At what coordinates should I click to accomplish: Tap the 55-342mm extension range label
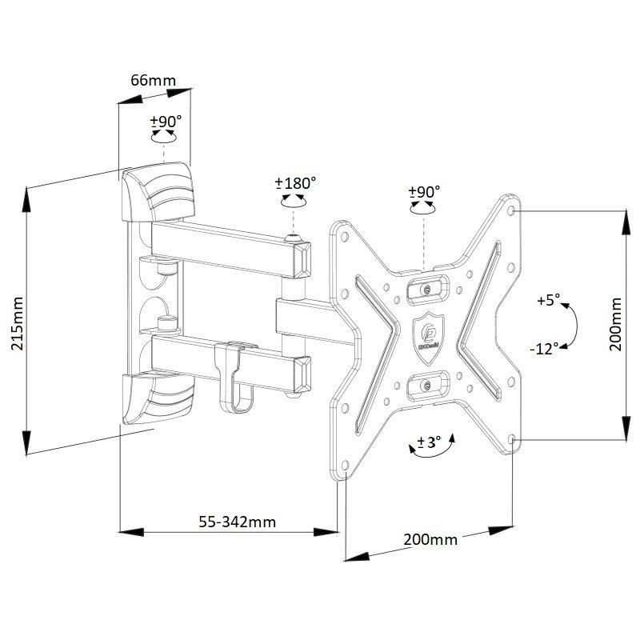tap(237, 522)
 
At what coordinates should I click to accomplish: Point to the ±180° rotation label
tap(296, 182)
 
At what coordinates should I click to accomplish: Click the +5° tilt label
tap(549, 301)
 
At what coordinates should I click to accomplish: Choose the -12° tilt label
tap(544, 349)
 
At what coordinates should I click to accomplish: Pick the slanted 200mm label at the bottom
tap(430, 540)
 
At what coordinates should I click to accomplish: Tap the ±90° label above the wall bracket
tap(166, 121)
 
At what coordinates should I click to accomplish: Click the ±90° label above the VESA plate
tap(425, 192)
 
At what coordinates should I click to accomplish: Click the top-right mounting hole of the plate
tap(512, 210)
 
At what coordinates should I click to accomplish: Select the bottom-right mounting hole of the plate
tap(512, 439)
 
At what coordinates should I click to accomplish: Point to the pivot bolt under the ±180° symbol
tap(295, 238)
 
